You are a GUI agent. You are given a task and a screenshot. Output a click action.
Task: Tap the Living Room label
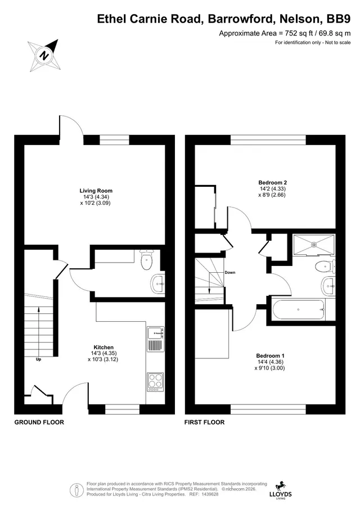pyautogui.click(x=96, y=191)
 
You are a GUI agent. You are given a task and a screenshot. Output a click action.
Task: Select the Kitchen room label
pyautogui.click(x=103, y=348)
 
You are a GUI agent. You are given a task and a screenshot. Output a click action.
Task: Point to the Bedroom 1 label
pyautogui.click(x=270, y=356)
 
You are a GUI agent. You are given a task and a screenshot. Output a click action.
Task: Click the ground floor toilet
pyautogui.click(x=147, y=260)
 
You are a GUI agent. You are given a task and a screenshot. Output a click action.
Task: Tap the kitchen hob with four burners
pyautogui.click(x=155, y=382)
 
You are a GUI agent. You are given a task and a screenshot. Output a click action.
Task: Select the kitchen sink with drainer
pyautogui.click(x=155, y=339)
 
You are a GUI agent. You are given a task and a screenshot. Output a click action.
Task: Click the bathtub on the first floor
pyautogui.click(x=299, y=310)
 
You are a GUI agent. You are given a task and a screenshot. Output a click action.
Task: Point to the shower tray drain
pyautogui.click(x=314, y=244)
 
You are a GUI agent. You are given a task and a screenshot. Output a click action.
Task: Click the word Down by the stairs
pyautogui.click(x=230, y=272)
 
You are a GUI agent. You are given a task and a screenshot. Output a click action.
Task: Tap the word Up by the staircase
pyautogui.click(x=39, y=359)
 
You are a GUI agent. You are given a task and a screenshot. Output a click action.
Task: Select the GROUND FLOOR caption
pyautogui.click(x=39, y=422)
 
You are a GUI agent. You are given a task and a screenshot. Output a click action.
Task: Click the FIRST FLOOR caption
pyautogui.click(x=205, y=422)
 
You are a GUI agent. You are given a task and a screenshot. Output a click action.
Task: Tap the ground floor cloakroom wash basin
pyautogui.click(x=157, y=284)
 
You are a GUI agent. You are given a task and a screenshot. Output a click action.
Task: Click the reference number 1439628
pyautogui.click(x=210, y=494)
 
